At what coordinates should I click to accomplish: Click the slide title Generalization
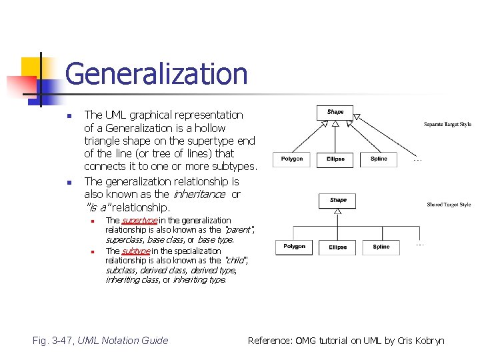[x=156, y=73]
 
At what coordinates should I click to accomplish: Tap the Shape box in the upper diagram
[x=335, y=112]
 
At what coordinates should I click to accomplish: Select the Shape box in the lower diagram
[x=338, y=200]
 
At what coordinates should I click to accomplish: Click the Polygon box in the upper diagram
[x=292, y=159]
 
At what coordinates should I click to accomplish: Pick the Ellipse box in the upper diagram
[x=335, y=159]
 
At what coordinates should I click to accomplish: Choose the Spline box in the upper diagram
[x=379, y=159]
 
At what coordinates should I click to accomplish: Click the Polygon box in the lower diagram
[x=294, y=247]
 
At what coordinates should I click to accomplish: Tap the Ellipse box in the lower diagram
[x=338, y=247]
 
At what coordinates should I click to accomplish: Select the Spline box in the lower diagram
[x=381, y=247]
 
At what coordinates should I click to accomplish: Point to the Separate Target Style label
[x=447, y=124]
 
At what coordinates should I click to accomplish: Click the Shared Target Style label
[x=449, y=205]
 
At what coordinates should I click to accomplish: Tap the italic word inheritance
[x=199, y=195]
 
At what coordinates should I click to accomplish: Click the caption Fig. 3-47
[x=53, y=341]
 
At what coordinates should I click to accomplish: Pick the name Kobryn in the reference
[x=429, y=341]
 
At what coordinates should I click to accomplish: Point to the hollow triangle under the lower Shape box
[x=338, y=213]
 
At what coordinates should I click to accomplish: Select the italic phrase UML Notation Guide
[x=123, y=341]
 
